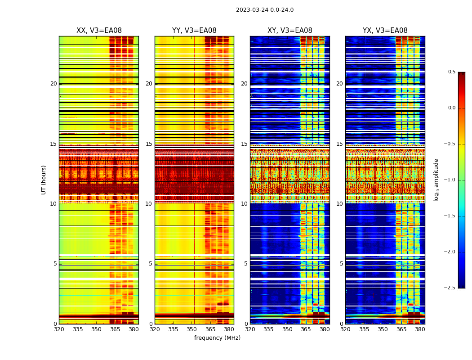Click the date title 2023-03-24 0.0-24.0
(265, 10)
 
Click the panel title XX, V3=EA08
(99, 31)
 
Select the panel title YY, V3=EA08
(194, 31)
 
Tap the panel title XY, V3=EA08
(289, 31)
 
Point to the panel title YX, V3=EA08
(385, 31)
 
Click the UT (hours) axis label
(44, 180)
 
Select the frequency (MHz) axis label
(217, 338)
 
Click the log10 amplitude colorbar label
(436, 180)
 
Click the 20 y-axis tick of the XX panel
(53, 84)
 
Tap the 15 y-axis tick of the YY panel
(149, 144)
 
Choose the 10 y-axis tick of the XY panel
(244, 204)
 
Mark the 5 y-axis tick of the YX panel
(341, 264)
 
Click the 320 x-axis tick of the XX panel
(59, 329)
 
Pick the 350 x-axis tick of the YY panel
(194, 329)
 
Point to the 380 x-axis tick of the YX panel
(420, 329)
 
